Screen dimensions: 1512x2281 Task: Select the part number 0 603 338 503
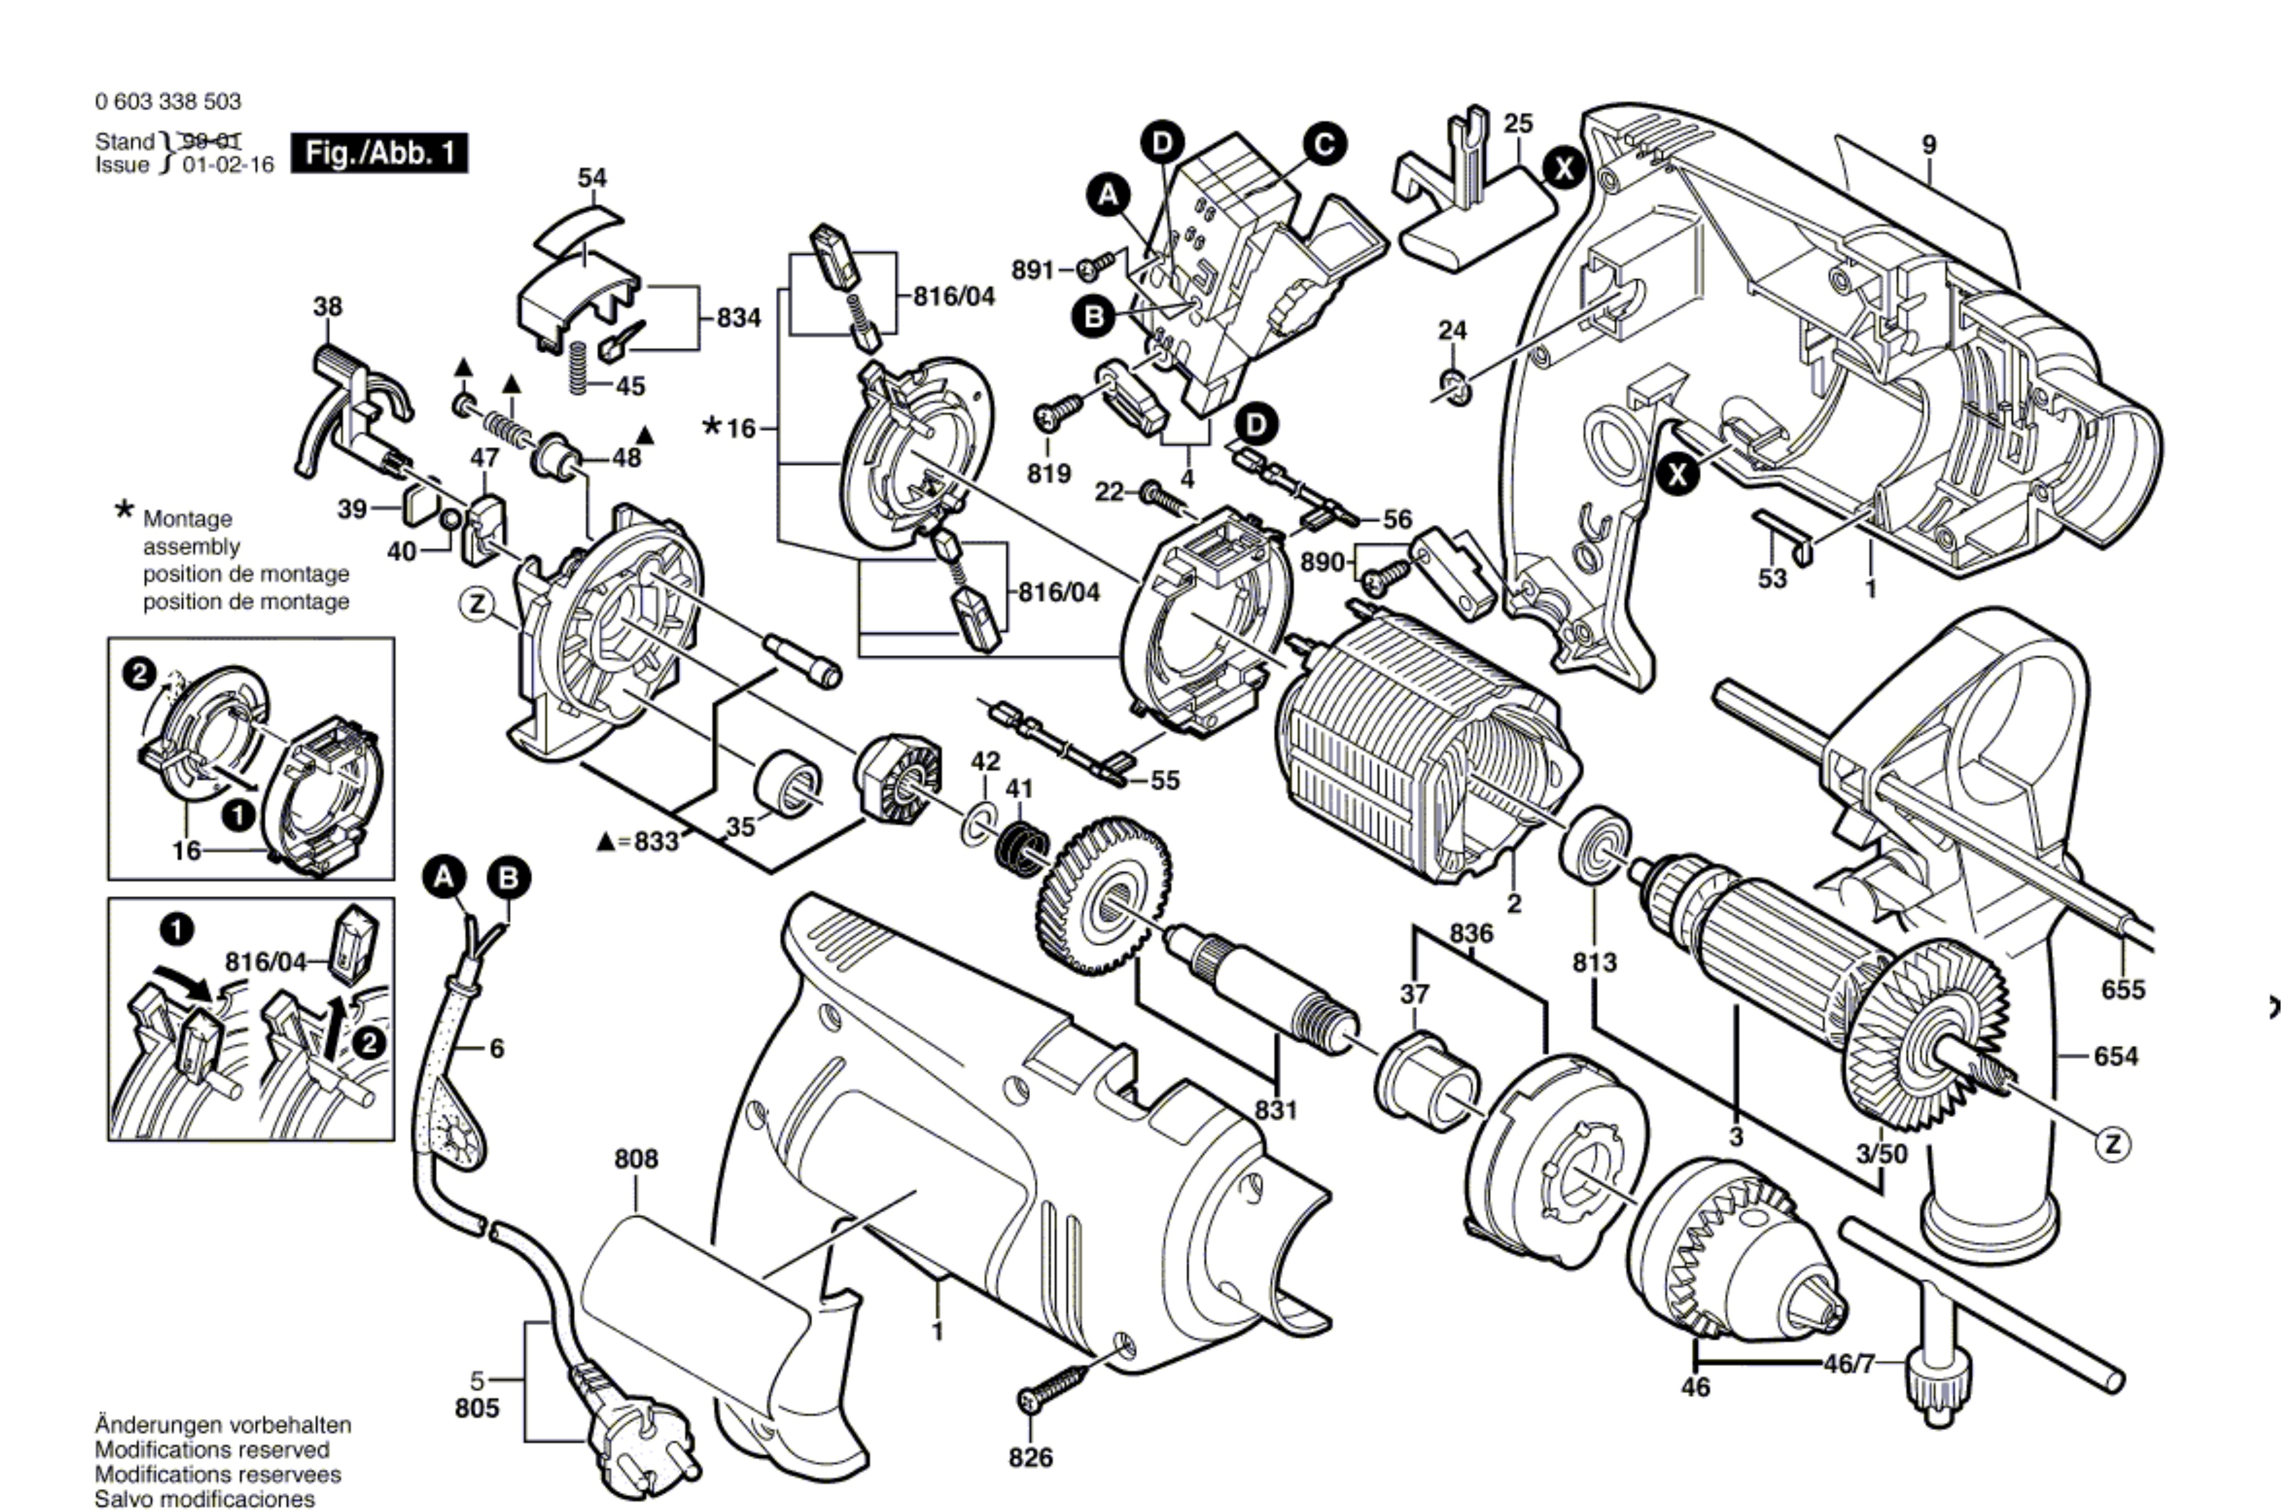(x=169, y=101)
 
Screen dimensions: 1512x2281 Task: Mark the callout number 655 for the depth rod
(x=2123, y=990)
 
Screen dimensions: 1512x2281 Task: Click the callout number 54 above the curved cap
(x=592, y=178)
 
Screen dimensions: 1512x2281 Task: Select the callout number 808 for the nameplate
(x=637, y=1158)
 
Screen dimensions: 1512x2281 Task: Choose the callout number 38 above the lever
(x=327, y=307)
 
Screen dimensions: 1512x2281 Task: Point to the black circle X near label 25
(x=1562, y=169)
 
